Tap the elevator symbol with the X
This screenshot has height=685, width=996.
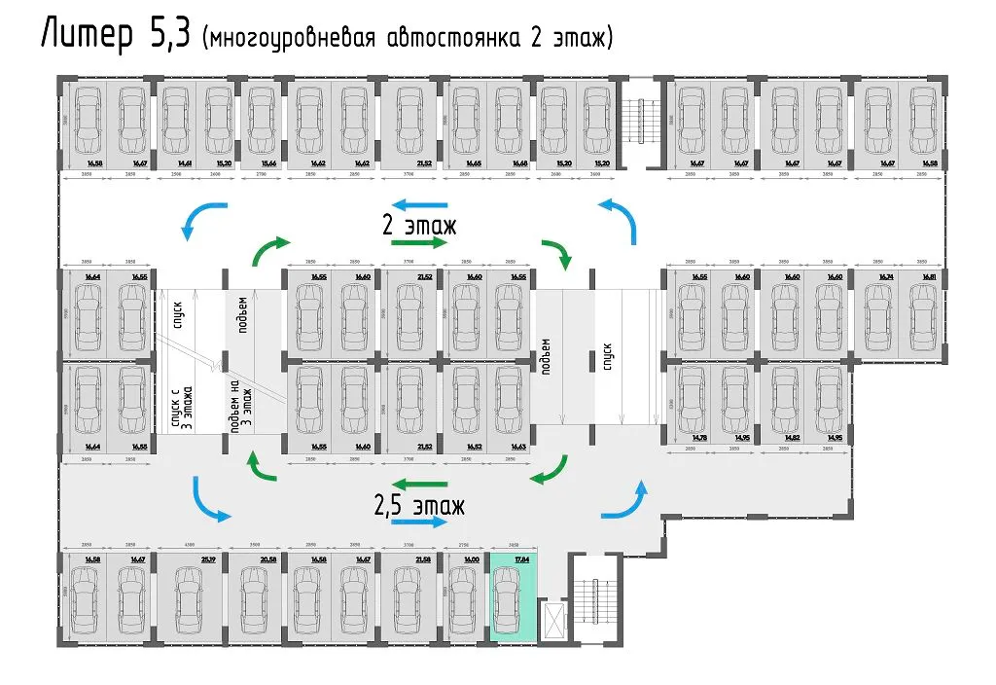pos(555,618)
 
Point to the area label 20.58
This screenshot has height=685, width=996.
pos(268,559)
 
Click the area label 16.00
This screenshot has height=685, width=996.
pos(473,559)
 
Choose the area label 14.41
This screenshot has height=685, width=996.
pos(183,163)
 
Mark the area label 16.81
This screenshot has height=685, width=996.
pos(930,277)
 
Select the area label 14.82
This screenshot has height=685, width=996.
pos(792,438)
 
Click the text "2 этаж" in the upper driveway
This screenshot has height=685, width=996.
pos(418,225)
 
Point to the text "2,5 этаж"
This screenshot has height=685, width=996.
pos(419,506)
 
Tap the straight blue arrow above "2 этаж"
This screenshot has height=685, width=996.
pos(420,205)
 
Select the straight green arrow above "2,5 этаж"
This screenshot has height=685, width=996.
pos(420,483)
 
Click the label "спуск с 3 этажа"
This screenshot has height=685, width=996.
pos(183,407)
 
